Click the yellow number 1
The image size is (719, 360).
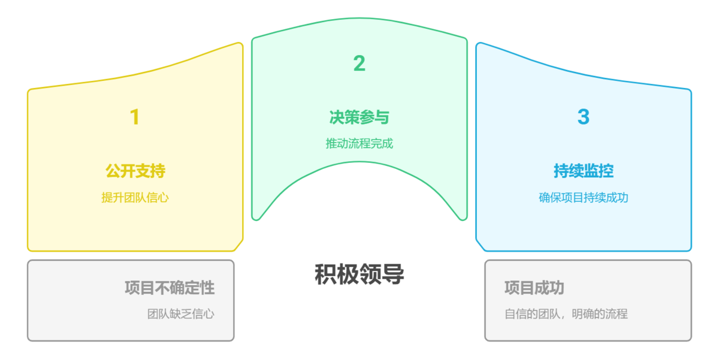click(135, 117)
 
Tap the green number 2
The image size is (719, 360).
click(359, 63)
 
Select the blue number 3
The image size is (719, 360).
click(583, 117)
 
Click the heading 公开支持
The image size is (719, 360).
click(135, 171)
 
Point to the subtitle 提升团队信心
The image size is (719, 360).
click(135, 198)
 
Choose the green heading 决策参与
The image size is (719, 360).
click(359, 117)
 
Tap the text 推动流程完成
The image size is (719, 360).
click(359, 144)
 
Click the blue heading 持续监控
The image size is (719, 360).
click(583, 171)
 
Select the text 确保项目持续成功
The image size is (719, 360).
click(583, 198)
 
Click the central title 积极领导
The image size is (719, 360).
click(359, 274)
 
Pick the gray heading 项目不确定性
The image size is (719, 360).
click(170, 288)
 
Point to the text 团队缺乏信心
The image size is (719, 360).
click(181, 314)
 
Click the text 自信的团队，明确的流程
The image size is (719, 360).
click(566, 314)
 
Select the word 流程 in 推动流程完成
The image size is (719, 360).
click(359, 144)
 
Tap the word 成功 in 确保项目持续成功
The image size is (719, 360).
click(617, 198)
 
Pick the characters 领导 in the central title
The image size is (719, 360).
click(382, 274)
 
